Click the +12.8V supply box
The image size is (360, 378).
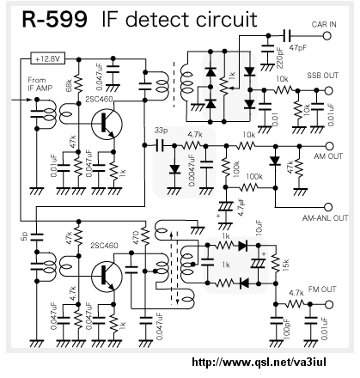[x=47, y=59]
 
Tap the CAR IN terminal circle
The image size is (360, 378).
[x=326, y=36]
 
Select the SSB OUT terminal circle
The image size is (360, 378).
[x=329, y=90]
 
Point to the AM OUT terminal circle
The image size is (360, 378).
[x=330, y=146]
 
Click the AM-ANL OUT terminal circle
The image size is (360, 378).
[x=328, y=207]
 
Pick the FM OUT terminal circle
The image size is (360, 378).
[x=329, y=304]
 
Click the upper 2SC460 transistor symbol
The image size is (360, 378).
[x=107, y=125]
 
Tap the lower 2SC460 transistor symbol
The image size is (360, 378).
[x=107, y=276]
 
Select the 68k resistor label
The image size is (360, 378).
[x=69, y=85]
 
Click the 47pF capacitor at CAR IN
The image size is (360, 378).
[x=286, y=36]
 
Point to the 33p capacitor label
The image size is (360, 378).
[x=161, y=131]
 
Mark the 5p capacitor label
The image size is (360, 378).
[x=25, y=236]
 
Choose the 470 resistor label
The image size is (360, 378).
[x=136, y=237]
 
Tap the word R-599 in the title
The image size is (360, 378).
[x=54, y=20]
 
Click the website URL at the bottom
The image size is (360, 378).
[x=259, y=362]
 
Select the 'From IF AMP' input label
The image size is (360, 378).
[x=40, y=84]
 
